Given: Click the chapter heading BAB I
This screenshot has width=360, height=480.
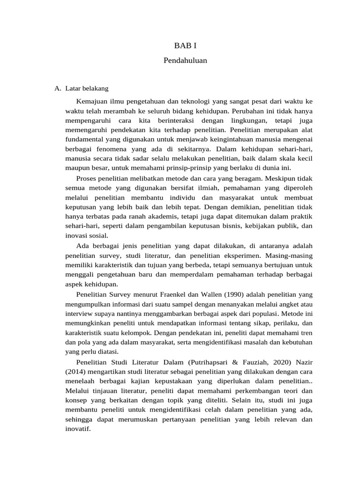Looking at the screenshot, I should pos(186,45).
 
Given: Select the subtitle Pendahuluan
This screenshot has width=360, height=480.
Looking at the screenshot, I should pos(186,60).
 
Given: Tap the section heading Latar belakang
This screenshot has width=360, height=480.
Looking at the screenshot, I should pos(87,88).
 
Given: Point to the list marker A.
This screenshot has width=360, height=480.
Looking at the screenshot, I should pos(58,88).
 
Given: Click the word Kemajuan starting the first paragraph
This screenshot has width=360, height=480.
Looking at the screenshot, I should pos(92,101).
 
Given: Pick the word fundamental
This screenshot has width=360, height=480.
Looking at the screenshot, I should pos(83,139).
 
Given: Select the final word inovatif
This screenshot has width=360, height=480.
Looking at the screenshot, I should pos(78,429).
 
